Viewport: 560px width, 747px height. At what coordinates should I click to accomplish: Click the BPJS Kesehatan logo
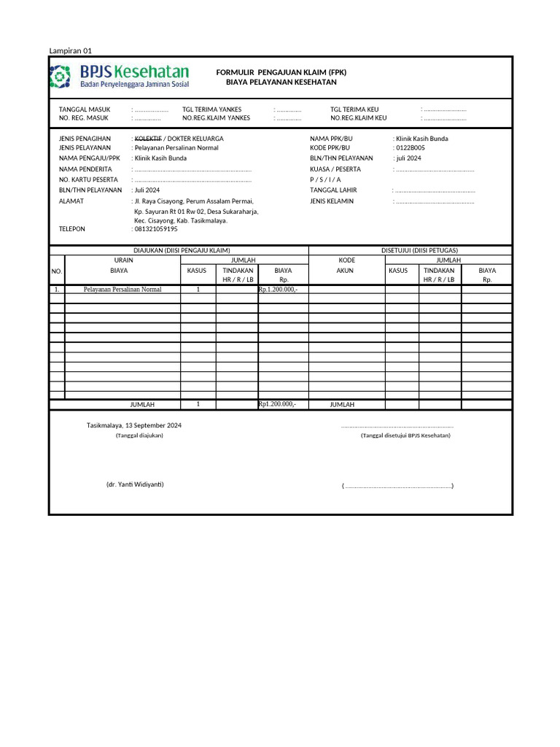(x=119, y=76)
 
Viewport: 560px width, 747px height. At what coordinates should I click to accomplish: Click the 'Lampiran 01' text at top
(x=71, y=51)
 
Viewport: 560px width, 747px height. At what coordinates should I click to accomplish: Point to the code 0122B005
(x=410, y=148)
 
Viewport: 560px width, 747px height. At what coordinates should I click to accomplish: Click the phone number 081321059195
(x=156, y=229)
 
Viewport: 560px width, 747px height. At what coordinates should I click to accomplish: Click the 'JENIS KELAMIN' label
(x=332, y=201)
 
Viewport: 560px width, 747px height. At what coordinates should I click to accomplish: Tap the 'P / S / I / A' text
(x=325, y=179)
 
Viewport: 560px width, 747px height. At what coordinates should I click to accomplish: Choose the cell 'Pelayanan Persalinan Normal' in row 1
(x=122, y=290)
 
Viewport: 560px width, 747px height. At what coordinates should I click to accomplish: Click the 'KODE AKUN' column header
(x=346, y=265)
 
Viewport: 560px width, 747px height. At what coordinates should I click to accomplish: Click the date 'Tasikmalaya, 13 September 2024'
(x=134, y=425)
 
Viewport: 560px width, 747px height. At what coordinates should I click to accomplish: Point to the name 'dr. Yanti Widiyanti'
(x=135, y=484)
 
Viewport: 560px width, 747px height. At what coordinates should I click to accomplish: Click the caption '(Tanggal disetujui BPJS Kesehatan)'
(x=405, y=436)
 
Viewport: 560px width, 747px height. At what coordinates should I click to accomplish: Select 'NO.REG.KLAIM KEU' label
(x=359, y=117)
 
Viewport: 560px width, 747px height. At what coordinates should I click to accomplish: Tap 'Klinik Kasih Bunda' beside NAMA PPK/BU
(x=421, y=138)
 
